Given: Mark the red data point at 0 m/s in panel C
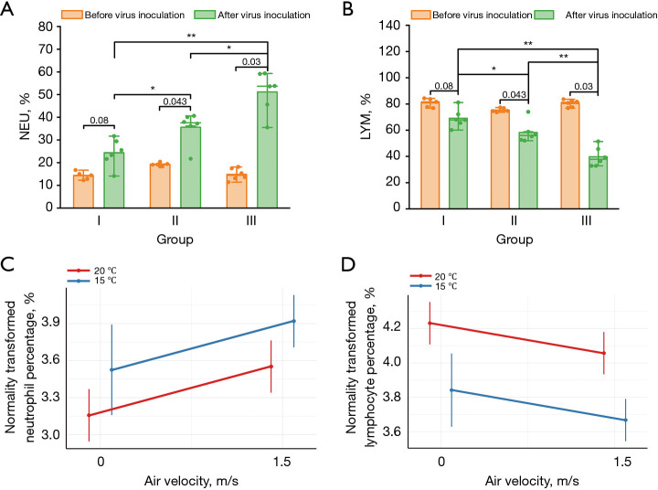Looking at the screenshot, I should click(89, 415).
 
